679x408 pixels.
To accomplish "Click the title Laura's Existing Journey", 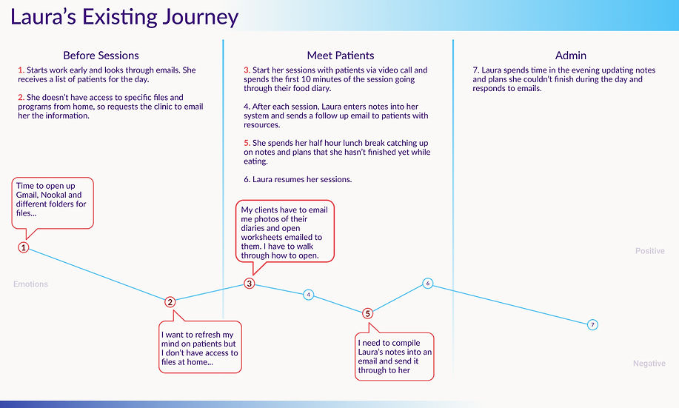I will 124,17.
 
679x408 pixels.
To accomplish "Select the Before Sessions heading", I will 101,56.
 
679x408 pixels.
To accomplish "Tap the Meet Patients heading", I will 341,56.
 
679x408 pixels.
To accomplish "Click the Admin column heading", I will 570,56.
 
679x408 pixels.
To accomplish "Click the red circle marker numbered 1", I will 24,247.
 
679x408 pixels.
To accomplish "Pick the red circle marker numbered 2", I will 170,301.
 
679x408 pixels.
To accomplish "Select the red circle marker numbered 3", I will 250,283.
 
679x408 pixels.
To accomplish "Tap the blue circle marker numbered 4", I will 309,295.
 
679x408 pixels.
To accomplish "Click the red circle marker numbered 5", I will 368,313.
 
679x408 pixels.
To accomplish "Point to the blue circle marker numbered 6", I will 427,283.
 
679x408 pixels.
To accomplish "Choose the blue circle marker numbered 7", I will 592,325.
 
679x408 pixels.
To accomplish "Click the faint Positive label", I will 649,251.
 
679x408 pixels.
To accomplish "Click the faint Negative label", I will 649,364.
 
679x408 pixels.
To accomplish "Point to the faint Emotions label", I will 30,284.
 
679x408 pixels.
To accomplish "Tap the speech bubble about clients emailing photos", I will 285,232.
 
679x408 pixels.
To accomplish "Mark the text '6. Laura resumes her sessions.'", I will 298,180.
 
